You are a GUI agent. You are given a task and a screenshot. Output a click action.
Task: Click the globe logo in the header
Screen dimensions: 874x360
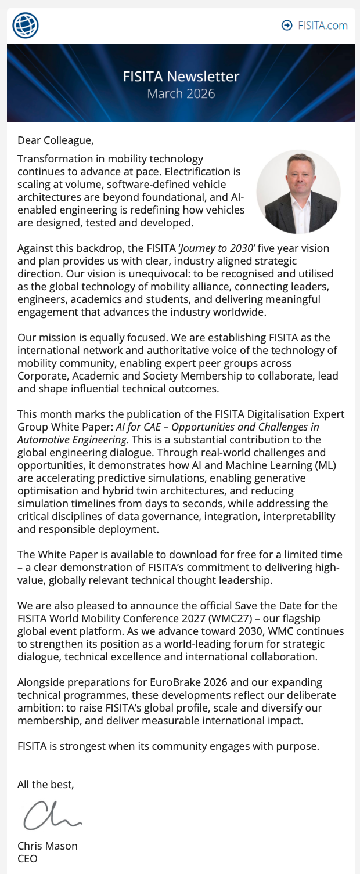[26, 26]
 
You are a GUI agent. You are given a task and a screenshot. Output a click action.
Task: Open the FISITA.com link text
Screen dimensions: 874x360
[322, 26]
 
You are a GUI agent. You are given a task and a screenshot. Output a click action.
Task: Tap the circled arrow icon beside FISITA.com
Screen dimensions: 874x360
[287, 26]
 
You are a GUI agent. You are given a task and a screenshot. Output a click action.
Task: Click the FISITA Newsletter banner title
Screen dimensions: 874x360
[181, 77]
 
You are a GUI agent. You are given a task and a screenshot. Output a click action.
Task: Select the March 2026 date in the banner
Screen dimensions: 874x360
[181, 93]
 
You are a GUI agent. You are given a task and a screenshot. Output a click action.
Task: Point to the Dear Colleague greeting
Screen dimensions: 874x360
[55, 140]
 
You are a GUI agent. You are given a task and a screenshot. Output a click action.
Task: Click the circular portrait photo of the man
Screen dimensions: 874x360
[298, 192]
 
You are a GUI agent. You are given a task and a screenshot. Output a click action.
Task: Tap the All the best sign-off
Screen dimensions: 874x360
[46, 785]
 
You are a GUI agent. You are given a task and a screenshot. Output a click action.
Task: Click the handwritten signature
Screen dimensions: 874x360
[52, 815]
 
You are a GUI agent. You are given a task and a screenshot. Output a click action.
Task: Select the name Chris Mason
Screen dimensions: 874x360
[48, 846]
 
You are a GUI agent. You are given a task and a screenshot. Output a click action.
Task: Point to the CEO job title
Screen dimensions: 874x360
[27, 858]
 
